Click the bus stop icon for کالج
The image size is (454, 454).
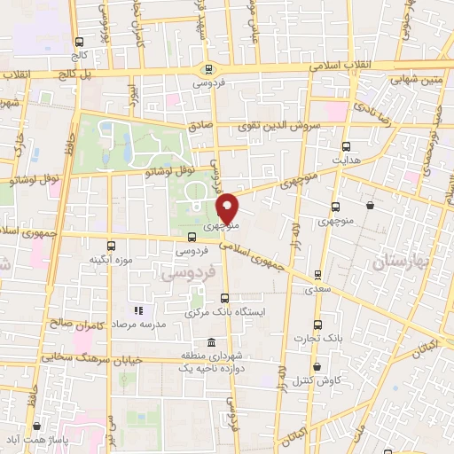pyautogui.click(x=80, y=42)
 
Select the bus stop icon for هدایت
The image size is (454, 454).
pyautogui.click(x=346, y=146)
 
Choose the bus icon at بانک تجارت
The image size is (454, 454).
pyautogui.click(x=317, y=325)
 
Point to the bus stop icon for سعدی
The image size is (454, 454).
pyautogui.click(x=310, y=275)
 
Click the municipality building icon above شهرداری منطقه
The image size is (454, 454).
pyautogui.click(x=211, y=342)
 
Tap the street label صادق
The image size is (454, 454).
pyautogui.click(x=201, y=126)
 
